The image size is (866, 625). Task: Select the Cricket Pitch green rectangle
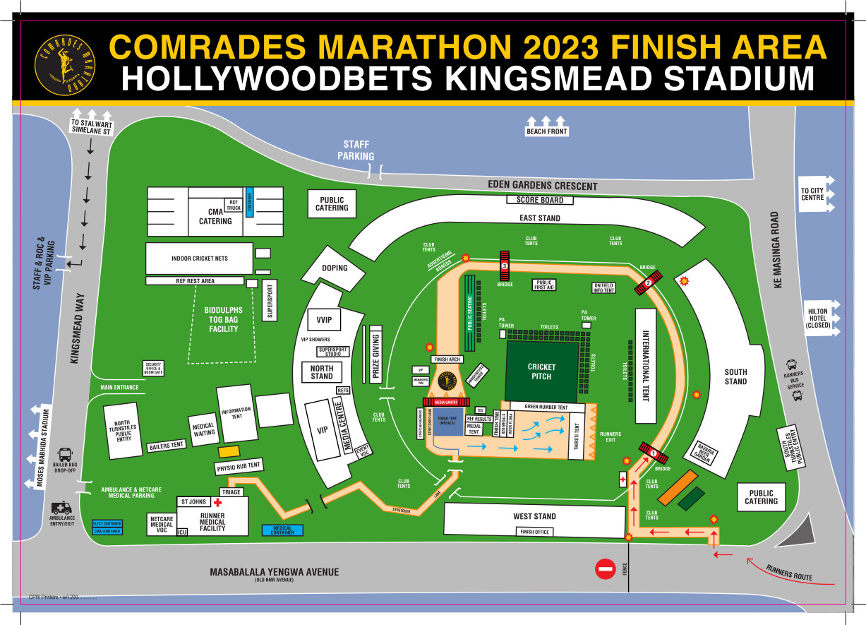coord(541,371)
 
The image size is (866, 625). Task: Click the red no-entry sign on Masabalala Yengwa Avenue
coord(606,569)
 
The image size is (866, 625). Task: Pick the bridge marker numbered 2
coord(647,284)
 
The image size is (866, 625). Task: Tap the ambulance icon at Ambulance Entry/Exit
coord(61,508)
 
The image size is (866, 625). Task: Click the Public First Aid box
coord(544,285)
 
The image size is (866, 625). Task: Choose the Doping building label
coord(335,268)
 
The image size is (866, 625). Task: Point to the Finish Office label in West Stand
coord(534,532)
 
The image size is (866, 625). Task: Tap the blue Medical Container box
coord(282,530)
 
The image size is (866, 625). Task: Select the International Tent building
coord(644,366)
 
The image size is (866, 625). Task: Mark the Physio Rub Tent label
coord(239,466)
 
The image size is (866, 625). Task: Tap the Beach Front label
coord(547,131)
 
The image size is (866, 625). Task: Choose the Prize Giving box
coord(375,357)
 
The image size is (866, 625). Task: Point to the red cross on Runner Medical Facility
coord(218,503)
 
